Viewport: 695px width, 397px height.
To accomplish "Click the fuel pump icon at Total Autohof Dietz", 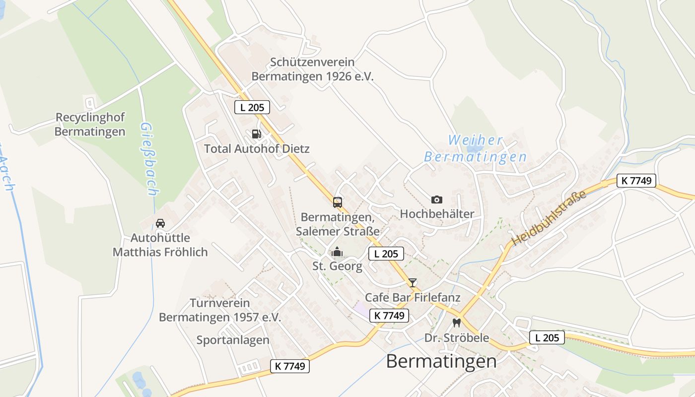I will [x=256, y=133].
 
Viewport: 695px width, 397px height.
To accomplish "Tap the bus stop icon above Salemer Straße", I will [x=337, y=202].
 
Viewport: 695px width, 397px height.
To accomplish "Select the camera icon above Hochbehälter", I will [x=437, y=199].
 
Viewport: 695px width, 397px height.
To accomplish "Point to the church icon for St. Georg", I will [x=337, y=252].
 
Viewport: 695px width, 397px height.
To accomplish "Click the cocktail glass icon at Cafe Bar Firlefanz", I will [x=413, y=283].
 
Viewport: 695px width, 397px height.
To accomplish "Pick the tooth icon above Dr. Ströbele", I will [x=457, y=323].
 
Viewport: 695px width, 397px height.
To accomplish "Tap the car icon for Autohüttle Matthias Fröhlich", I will [x=160, y=223].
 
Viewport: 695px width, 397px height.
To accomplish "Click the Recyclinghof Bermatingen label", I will [x=90, y=125].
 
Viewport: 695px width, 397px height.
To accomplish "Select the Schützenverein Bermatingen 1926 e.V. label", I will [x=312, y=69].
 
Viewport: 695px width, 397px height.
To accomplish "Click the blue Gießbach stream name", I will [x=148, y=159].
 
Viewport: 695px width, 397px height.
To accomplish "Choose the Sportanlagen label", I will [x=233, y=340].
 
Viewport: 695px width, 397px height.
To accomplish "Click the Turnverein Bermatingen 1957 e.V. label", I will [x=220, y=310].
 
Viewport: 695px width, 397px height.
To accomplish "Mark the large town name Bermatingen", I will [x=441, y=361].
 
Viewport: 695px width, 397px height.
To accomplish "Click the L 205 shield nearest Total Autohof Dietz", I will [x=252, y=107].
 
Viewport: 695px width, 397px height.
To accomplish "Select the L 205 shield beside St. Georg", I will [x=386, y=254].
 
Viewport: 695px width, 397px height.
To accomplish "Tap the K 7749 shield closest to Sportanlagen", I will [x=290, y=366].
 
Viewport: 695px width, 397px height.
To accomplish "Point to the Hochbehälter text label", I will [x=437, y=214].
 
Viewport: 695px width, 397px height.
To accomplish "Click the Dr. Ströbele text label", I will [x=457, y=338].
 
